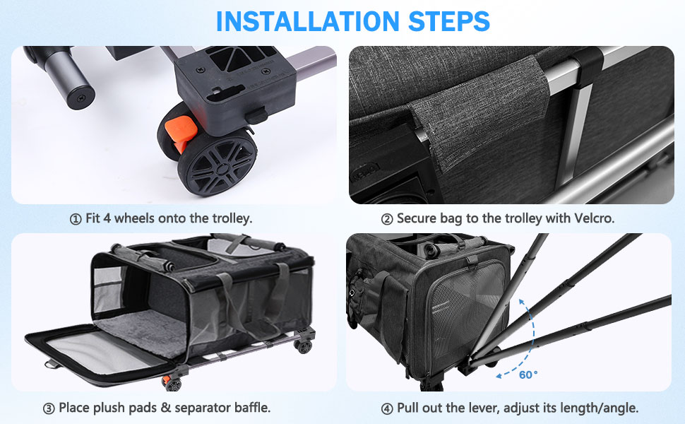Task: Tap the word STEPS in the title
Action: pyautogui.click(x=449, y=21)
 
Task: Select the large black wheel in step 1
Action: pyautogui.click(x=217, y=162)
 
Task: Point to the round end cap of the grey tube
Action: pyautogui.click(x=81, y=97)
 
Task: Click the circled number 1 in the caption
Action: pyautogui.click(x=76, y=219)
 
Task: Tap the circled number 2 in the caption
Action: pyautogui.click(x=387, y=219)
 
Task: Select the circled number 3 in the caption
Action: pyautogui.click(x=49, y=408)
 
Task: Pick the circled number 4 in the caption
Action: pyautogui.click(x=387, y=409)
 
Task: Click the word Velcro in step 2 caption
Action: pyautogui.click(x=594, y=218)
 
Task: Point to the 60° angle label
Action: pyautogui.click(x=529, y=375)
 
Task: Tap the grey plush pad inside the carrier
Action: pyautogui.click(x=140, y=331)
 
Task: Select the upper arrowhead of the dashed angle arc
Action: pyautogui.click(x=522, y=301)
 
